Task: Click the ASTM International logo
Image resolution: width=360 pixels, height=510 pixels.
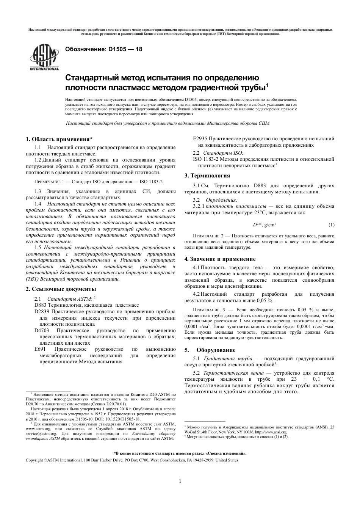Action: [44, 57]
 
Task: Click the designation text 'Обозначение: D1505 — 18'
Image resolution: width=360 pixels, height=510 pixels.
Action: [104, 49]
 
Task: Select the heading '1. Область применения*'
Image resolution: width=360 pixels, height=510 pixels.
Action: [59, 139]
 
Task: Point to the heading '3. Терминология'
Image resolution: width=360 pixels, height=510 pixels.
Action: [207, 176]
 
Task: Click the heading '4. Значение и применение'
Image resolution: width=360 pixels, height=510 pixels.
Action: [220, 259]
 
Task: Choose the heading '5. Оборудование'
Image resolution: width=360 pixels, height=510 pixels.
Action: [210, 350]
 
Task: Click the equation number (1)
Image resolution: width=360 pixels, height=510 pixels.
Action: [331, 225]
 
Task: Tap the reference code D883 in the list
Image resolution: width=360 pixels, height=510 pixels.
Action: [40, 305]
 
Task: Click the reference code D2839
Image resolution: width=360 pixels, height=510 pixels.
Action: [42, 312]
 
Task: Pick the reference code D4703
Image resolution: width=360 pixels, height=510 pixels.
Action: [42, 331]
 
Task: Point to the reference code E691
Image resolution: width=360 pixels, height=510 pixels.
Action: [40, 349]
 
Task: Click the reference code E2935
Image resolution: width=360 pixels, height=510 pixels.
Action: [200, 139]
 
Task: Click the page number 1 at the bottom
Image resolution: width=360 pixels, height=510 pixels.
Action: [180, 481]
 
